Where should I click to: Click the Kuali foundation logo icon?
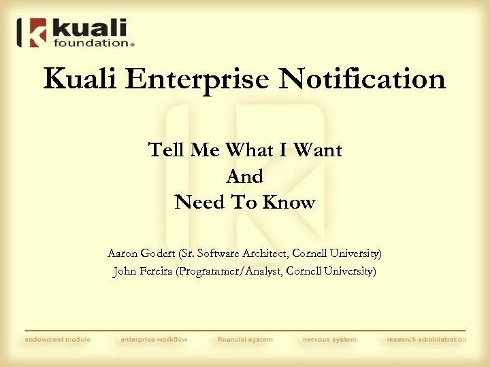click(35, 33)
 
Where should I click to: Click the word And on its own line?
click(244, 176)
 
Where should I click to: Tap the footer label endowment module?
click(57, 339)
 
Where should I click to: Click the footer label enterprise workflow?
click(154, 339)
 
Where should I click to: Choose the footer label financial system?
click(245, 339)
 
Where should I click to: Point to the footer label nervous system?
click(329, 339)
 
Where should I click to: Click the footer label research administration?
click(427, 339)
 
